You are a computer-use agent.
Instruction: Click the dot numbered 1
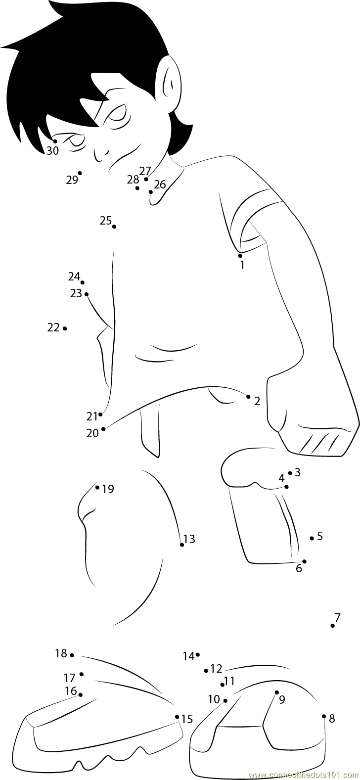[240, 256]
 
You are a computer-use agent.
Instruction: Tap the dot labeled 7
[332, 626]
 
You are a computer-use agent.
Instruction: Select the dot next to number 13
[182, 545]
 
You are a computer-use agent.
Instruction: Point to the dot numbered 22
[65, 328]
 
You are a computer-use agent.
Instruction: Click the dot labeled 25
[114, 227]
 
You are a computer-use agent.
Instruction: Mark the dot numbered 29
[80, 173]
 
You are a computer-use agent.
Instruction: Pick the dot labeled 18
[72, 655]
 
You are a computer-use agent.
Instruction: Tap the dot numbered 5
[312, 538]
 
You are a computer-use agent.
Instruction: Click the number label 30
[52, 151]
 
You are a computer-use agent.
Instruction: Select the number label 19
[108, 489]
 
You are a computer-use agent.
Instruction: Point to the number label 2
[257, 401]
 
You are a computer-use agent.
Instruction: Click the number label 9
[282, 700]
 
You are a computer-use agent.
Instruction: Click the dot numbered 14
[197, 655]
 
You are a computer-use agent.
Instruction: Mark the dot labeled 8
[324, 716]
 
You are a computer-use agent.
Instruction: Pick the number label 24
[74, 276]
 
